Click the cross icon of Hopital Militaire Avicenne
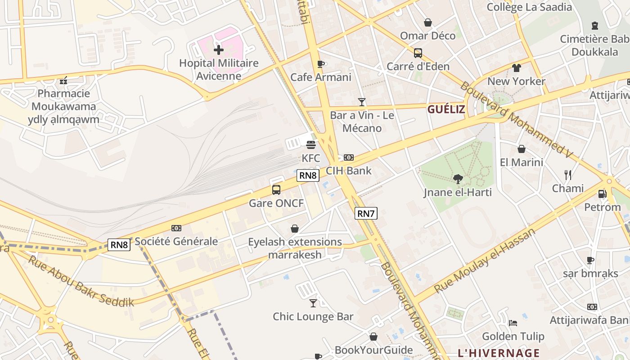(x=219, y=49)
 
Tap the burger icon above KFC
(x=311, y=145)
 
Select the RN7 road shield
(x=366, y=213)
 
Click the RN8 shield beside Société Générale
(x=119, y=245)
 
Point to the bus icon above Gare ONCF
(x=276, y=190)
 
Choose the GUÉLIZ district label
(x=446, y=109)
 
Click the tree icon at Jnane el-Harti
(x=458, y=179)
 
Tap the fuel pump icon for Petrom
(x=602, y=194)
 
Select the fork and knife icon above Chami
(x=568, y=175)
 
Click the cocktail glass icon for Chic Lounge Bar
(x=313, y=303)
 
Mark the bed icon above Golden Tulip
(x=513, y=323)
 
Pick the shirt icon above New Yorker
(x=516, y=68)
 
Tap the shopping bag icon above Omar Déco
(x=427, y=22)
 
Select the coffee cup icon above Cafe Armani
(x=320, y=64)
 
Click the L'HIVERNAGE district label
(x=499, y=353)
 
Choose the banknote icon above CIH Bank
(x=349, y=157)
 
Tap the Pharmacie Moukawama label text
(x=63, y=100)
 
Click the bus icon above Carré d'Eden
(x=418, y=53)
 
